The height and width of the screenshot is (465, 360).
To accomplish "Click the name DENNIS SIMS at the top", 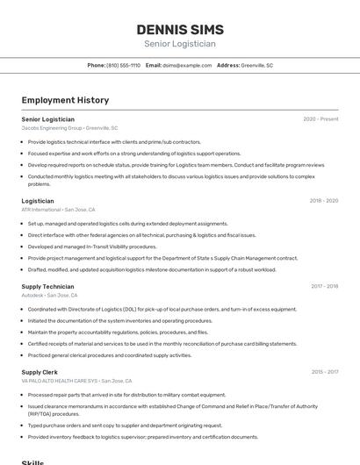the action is (180, 30).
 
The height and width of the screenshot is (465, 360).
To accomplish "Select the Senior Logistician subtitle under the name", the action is (180, 44).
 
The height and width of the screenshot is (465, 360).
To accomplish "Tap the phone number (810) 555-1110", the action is (123, 65).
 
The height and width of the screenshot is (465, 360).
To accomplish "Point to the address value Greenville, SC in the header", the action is (257, 65).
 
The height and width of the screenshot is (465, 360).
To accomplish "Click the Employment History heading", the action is (65, 100).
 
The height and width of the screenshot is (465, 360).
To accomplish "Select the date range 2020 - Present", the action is (320, 118).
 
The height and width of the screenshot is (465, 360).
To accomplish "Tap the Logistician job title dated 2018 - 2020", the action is (38, 201).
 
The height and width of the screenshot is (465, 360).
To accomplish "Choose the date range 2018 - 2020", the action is (323, 201).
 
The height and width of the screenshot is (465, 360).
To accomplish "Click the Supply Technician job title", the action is (48, 286).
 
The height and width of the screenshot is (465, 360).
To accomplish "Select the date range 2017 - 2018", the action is (324, 286).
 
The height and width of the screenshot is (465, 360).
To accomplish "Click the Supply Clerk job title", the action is (40, 372).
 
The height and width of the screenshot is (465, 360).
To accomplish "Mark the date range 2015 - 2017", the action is (324, 372).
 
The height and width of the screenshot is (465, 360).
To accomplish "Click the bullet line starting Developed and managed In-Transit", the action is (92, 247).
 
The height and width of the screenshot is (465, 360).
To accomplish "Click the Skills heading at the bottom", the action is (32, 461).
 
